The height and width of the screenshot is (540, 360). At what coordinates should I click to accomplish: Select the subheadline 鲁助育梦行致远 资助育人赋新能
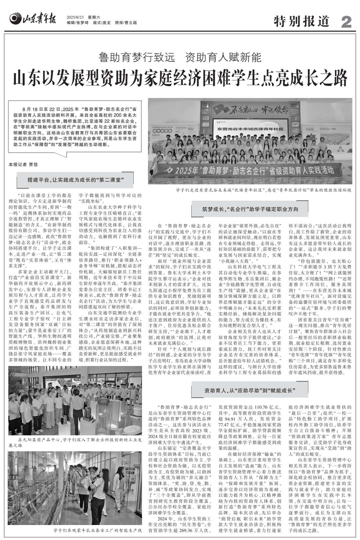(180, 57)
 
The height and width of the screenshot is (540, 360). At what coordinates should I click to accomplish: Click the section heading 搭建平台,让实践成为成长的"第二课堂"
(75, 180)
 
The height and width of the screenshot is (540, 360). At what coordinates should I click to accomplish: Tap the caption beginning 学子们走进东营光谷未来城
(263, 190)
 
